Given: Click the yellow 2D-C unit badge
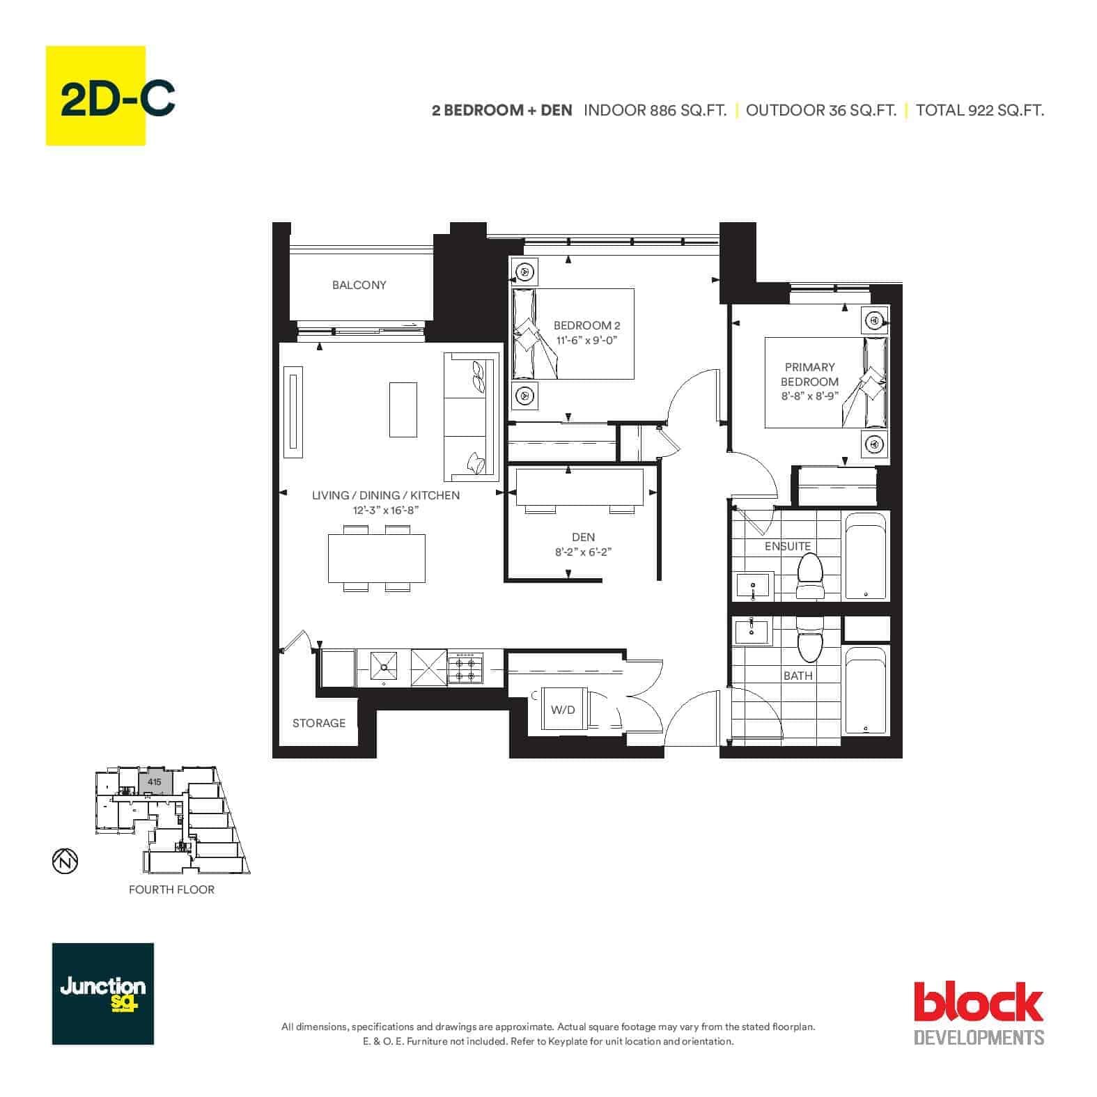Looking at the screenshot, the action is [95, 95].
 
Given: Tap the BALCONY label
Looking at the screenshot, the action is [359, 285].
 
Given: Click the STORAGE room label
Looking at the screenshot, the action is [319, 723].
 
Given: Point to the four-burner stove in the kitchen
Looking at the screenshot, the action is [465, 668].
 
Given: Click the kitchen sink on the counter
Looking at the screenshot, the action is [384, 667].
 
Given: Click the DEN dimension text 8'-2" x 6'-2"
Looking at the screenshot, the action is [583, 552].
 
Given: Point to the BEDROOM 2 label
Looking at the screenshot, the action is [586, 325].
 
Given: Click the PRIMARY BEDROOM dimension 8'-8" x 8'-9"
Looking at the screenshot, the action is [809, 396].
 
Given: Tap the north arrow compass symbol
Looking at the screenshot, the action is [65, 862].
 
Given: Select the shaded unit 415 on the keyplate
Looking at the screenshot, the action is [154, 782].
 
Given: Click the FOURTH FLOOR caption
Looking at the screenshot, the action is [171, 889].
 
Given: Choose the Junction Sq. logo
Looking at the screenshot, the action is [103, 994].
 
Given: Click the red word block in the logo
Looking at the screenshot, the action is [979, 1002].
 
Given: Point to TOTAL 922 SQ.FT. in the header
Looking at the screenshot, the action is [980, 110].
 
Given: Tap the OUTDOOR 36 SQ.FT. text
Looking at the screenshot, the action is [821, 110].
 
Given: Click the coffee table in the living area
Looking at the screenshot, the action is [403, 409].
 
